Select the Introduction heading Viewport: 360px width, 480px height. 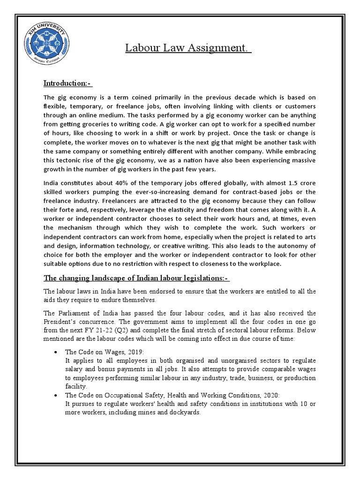(x=67, y=83)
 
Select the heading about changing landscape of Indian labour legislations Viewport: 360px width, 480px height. (x=136, y=278)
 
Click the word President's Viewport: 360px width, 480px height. (x=62, y=322)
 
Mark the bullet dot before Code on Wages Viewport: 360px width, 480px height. (x=56, y=352)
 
